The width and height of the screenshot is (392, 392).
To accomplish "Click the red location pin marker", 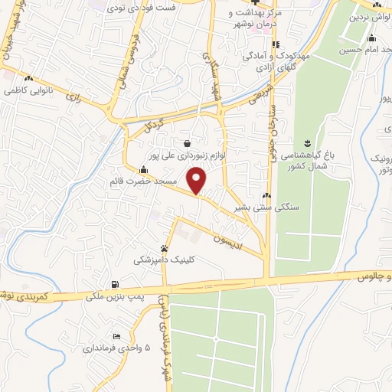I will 198,180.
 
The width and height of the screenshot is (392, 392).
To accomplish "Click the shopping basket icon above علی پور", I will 188,142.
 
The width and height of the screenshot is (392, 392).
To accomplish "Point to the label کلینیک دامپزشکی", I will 164,260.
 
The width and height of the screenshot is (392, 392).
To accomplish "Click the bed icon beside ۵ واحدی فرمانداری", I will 116,336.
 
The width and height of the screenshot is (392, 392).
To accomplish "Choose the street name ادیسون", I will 230,240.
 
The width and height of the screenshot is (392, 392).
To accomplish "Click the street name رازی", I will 73,98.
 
